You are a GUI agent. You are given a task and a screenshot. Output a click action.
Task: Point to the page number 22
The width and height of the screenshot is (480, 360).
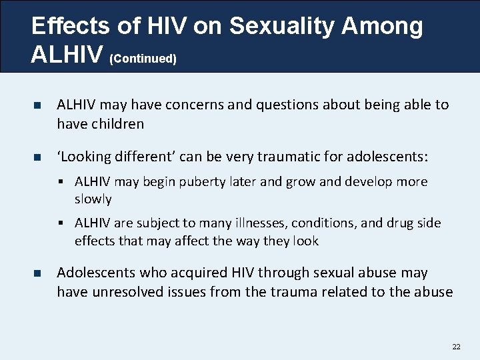pos(456,346)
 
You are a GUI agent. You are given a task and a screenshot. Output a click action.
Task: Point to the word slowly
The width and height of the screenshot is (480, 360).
pos(93,199)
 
